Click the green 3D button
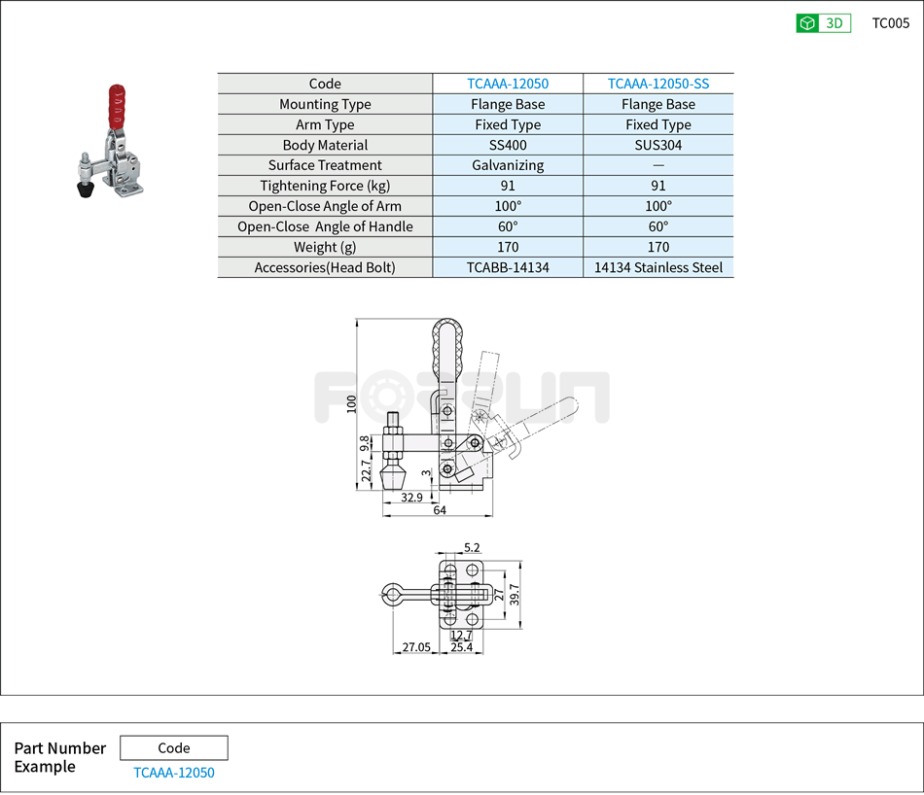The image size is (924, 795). (823, 23)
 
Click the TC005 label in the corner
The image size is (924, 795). (890, 23)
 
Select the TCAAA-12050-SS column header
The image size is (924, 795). (658, 84)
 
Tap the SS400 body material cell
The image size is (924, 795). (508, 145)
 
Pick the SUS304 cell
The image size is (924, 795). (658, 145)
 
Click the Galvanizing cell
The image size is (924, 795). (508, 165)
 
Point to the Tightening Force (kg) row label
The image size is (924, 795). (325, 186)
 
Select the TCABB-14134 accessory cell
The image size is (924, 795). (508, 267)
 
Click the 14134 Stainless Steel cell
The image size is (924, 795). (658, 267)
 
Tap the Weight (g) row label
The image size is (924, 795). (325, 247)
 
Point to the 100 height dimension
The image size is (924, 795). (351, 402)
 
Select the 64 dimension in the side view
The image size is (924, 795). (440, 510)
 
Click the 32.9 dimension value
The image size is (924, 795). (412, 498)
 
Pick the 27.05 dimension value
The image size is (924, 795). (416, 647)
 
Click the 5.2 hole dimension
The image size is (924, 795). (472, 549)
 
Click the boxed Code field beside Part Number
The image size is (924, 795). (174, 747)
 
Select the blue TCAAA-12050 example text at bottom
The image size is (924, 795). (174, 773)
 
